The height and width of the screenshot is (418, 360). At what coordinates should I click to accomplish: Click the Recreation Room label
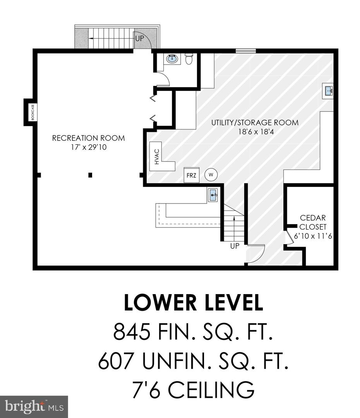tap(88, 138)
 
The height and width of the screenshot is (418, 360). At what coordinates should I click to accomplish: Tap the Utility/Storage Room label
tap(255, 123)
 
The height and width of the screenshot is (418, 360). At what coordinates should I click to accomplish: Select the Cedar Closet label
tap(313, 222)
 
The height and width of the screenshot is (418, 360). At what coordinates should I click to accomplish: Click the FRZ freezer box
tap(192, 175)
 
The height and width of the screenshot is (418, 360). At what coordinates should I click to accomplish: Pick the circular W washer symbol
tap(211, 175)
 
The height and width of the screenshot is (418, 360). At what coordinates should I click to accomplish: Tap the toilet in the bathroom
tap(189, 59)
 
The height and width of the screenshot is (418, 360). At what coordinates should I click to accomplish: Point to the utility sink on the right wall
tap(328, 91)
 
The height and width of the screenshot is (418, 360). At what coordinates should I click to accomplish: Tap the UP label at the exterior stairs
tap(139, 38)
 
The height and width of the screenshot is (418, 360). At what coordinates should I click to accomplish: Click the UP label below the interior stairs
tap(235, 246)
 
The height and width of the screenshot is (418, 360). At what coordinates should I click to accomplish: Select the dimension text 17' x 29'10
tap(89, 147)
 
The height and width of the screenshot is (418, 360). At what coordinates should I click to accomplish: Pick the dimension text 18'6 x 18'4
tap(256, 132)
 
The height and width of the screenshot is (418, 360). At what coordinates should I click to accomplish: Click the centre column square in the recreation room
tap(91, 175)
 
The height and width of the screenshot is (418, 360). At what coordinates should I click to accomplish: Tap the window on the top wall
tap(245, 51)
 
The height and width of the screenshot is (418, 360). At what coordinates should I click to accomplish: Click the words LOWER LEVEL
tap(194, 303)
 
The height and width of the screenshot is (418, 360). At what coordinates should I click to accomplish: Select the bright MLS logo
tap(34, 407)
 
